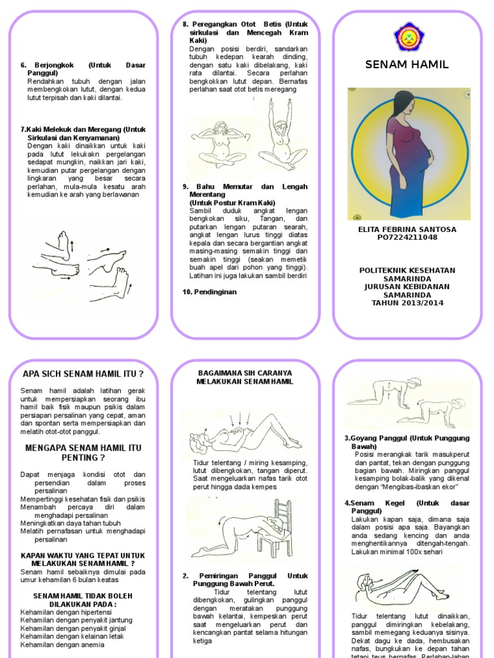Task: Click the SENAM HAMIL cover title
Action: click(x=407, y=64)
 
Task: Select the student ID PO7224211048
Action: click(x=407, y=237)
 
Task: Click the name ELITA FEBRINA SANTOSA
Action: click(x=407, y=229)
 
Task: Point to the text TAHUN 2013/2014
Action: click(x=407, y=303)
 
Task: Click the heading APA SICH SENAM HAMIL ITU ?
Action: click(x=83, y=374)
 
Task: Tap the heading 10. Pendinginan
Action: click(x=210, y=292)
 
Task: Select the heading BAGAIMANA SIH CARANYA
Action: click(x=244, y=373)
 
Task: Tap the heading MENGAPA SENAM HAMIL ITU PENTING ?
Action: click(x=83, y=452)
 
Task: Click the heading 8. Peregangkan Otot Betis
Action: click(x=244, y=24)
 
